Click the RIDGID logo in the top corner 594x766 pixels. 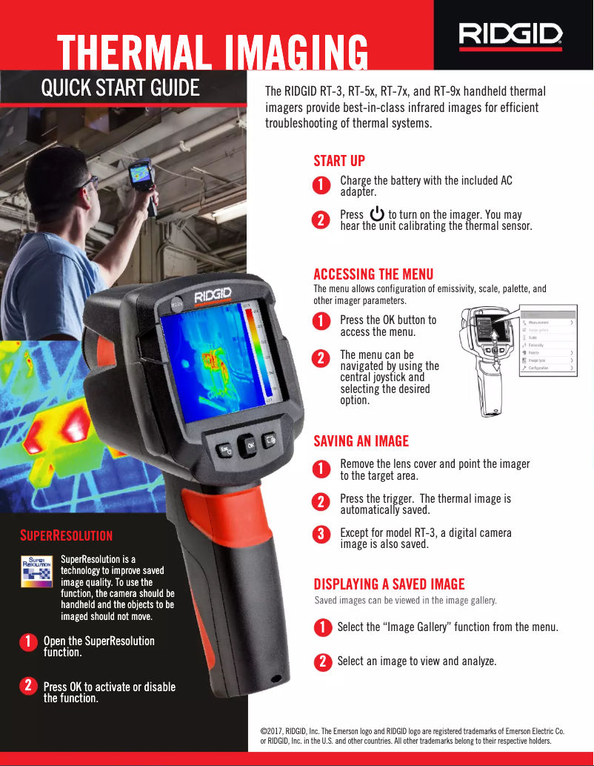click(510, 34)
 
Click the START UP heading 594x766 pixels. click(339, 161)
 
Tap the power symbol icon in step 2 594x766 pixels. click(376, 215)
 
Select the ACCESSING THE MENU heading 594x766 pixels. click(373, 274)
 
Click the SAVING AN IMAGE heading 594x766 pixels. click(361, 441)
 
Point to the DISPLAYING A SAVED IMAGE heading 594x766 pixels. click(389, 584)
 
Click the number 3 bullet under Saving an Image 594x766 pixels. click(321, 534)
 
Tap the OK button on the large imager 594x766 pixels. click(251, 444)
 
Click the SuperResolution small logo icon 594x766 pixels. click(35, 572)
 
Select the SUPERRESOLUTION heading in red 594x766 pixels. click(66, 535)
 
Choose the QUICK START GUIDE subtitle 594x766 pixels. click(120, 88)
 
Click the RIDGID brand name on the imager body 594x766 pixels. click(213, 296)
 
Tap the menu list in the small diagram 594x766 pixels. click(547, 341)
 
